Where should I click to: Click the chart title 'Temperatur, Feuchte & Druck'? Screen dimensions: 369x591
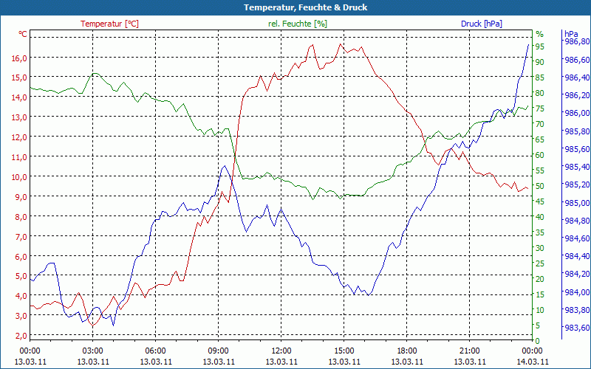click(x=295, y=7)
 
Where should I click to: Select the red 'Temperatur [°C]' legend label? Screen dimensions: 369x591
click(x=109, y=24)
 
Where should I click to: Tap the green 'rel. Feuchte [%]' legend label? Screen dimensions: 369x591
click(x=298, y=24)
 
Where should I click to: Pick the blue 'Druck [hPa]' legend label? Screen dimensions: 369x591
click(x=481, y=24)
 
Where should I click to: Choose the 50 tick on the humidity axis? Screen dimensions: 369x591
click(x=540, y=186)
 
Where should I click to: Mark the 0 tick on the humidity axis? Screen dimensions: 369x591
click(x=538, y=340)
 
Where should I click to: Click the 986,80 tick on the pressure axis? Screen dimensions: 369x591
click(x=577, y=42)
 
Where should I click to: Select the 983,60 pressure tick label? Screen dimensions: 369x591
click(x=577, y=328)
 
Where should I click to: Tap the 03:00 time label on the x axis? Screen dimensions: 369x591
click(x=92, y=351)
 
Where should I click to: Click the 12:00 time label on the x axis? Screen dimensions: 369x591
click(x=281, y=351)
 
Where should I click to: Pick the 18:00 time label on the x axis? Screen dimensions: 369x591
click(x=406, y=351)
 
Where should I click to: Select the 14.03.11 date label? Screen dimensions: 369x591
click(x=533, y=362)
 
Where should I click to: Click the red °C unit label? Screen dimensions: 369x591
click(x=23, y=34)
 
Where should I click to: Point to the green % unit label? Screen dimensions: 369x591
click(x=539, y=34)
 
